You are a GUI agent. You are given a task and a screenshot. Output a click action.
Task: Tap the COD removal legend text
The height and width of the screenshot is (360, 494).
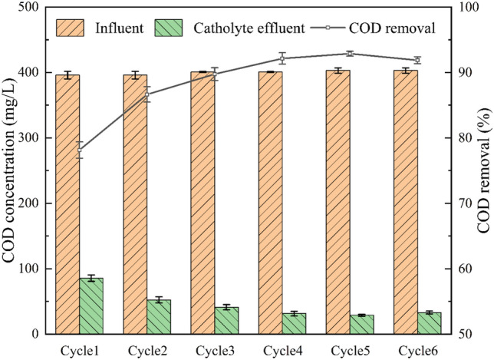tap(392, 28)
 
